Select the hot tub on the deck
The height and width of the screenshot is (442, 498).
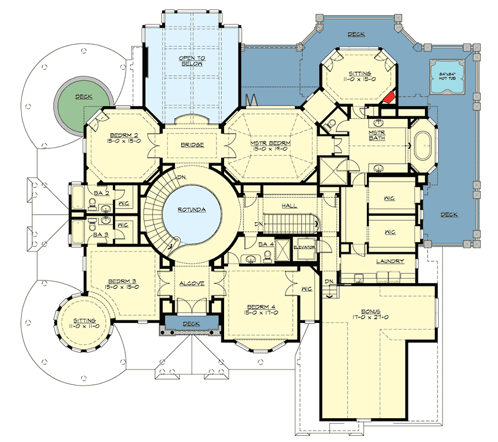coord(448,76)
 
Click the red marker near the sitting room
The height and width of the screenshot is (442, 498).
coord(389,97)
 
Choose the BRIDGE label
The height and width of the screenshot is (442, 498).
coord(193,145)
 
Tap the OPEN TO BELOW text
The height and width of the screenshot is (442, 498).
coord(190,60)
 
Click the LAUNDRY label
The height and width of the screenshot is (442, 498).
coord(390,261)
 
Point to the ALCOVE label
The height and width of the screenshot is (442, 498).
coord(192,283)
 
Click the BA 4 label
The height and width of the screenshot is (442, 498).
coord(266,244)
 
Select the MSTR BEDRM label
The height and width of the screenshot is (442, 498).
coord(271,143)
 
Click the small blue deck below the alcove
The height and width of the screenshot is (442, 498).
coord(191,323)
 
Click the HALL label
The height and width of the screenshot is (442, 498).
coord(289,206)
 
